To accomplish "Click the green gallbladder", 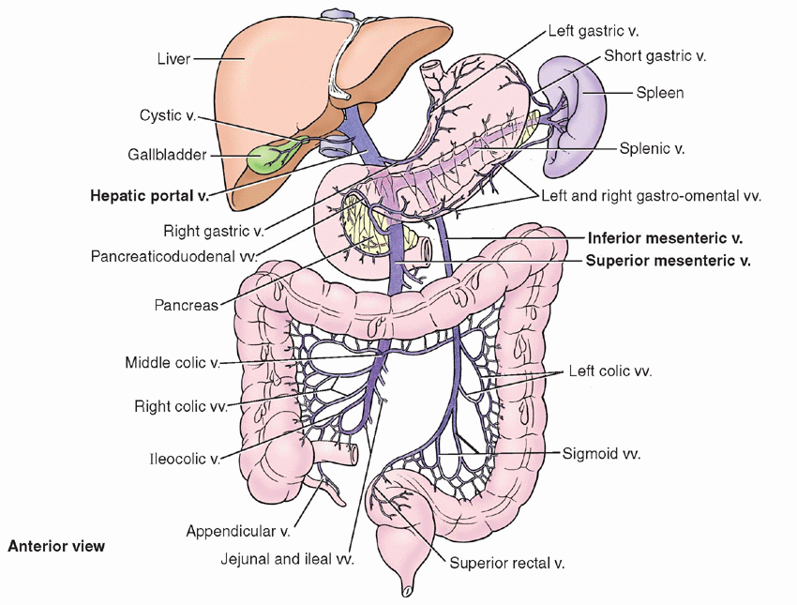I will coord(267,157).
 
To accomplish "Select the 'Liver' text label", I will coord(173,59).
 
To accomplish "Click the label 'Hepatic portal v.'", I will coord(149,197).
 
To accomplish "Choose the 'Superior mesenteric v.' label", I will coord(668,261).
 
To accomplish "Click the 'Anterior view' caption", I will coord(56,545).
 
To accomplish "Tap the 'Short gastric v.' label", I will coord(655,56).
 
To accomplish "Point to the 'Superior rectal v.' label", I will coord(506,564).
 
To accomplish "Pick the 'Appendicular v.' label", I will coord(237,531).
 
